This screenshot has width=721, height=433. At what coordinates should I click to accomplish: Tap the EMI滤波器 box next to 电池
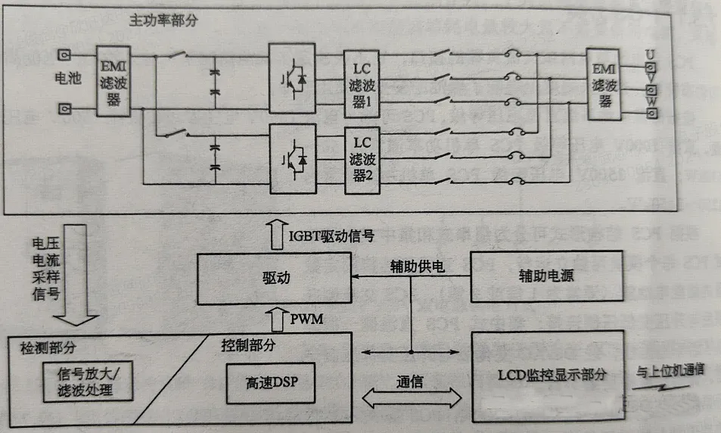[x=113, y=79]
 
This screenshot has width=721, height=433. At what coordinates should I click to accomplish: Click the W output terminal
[x=649, y=114]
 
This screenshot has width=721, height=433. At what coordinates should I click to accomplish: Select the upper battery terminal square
[x=66, y=56]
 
